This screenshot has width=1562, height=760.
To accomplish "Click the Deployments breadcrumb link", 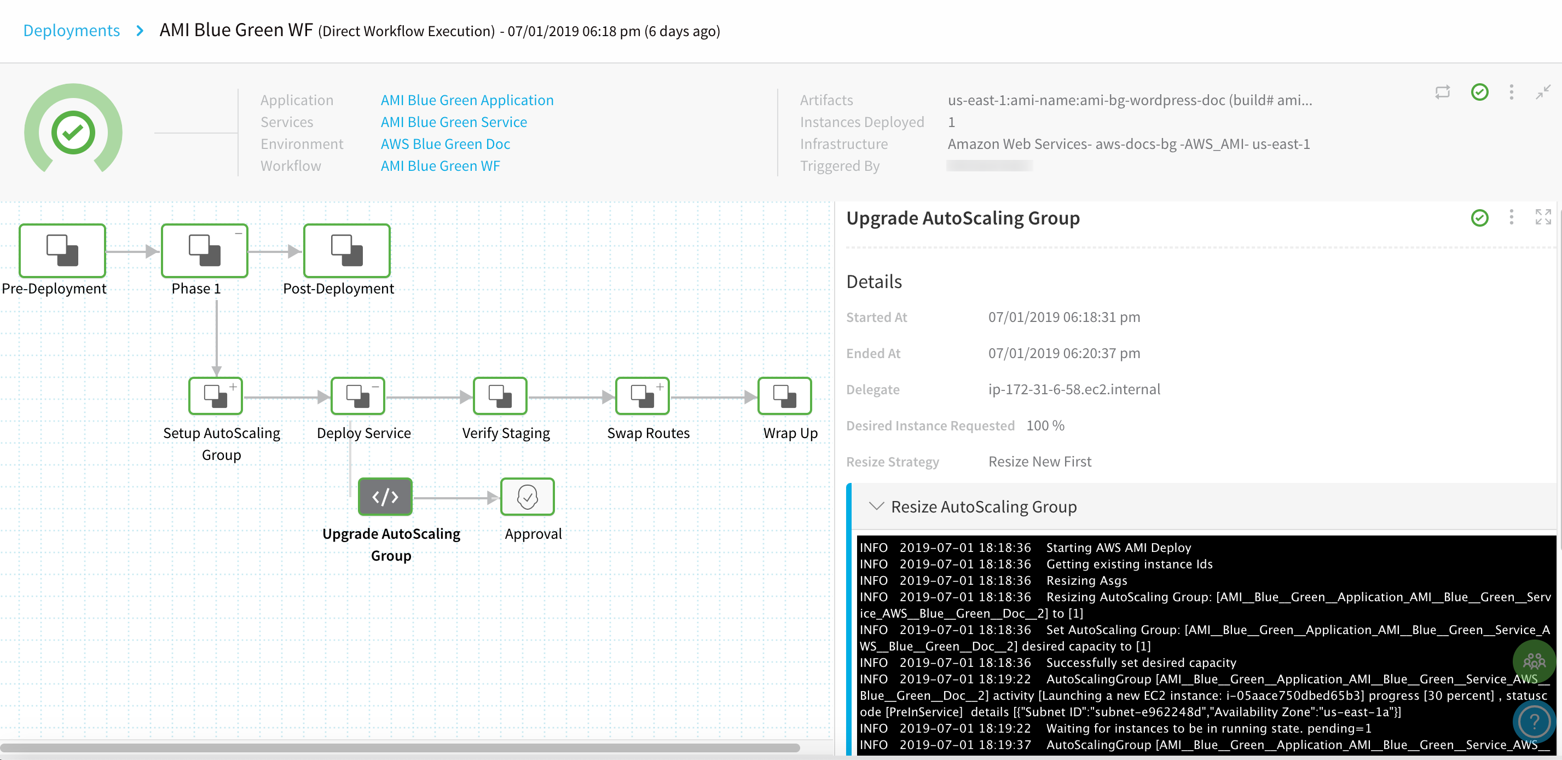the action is (72, 30).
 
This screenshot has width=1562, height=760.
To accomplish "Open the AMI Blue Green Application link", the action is (467, 100).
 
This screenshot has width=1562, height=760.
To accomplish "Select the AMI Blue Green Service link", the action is (454, 122).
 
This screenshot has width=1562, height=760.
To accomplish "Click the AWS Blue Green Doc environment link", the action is (445, 144).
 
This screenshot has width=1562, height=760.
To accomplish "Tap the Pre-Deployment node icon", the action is (62, 250).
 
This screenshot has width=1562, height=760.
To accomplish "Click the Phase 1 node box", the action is (204, 250).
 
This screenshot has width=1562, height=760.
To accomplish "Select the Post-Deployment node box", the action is (347, 250).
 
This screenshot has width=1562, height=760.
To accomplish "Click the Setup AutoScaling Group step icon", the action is (216, 396).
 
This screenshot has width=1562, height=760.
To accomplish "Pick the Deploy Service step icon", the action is (358, 396).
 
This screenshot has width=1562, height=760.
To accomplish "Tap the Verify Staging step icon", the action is (500, 396).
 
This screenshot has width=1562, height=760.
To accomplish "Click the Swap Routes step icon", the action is (642, 396).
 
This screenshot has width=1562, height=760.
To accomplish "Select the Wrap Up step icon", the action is (785, 396).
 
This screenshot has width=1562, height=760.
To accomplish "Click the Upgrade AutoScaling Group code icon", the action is (385, 497).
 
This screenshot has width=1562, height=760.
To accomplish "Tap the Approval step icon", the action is (528, 497).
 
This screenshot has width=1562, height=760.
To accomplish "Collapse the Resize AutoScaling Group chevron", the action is (876, 506).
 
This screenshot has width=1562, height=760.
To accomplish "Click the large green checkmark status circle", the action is (73, 132).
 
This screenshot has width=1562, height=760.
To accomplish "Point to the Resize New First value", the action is (1040, 462).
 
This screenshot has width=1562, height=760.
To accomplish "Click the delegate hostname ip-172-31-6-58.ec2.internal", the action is (1074, 389).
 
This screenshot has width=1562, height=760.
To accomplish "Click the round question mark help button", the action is (1534, 722).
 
